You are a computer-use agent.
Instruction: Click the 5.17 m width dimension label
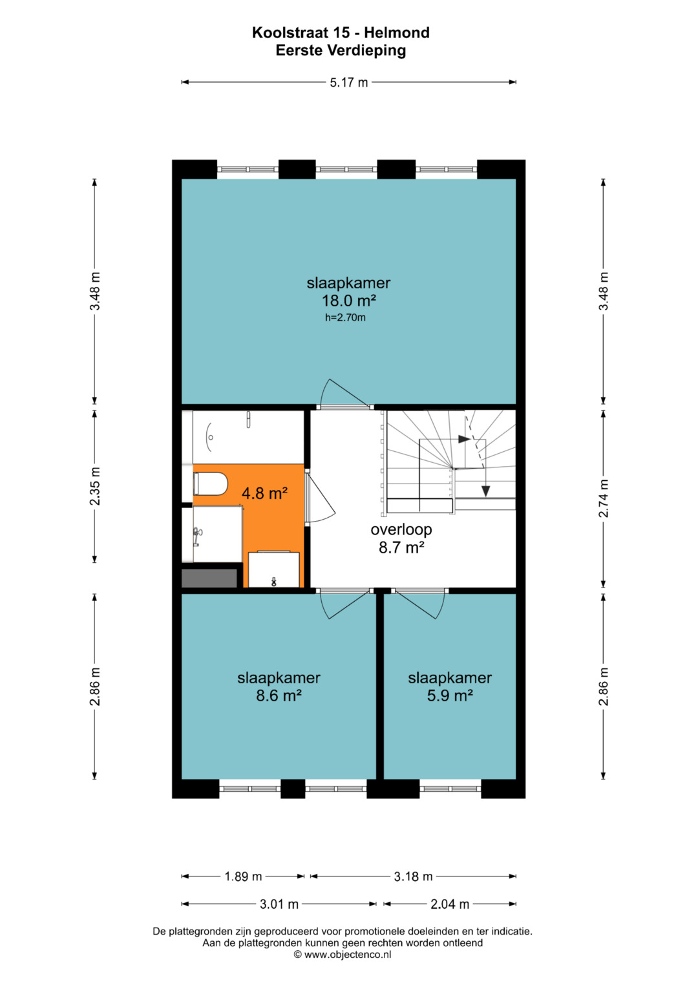348,82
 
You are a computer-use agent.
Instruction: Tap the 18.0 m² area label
348,301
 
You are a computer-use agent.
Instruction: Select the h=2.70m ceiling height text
345,317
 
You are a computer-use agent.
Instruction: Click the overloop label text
401,529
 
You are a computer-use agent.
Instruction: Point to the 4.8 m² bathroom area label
264,493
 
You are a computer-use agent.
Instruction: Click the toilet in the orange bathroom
210,483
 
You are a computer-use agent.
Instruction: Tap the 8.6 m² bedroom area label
279,695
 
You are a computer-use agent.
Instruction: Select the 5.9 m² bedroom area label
449,695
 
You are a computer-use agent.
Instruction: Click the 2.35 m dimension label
95,486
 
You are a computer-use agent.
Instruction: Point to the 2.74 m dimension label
603,498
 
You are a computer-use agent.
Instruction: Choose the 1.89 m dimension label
243,876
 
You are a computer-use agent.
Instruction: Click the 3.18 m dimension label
413,876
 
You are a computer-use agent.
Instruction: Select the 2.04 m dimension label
449,904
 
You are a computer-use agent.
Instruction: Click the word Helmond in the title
397,32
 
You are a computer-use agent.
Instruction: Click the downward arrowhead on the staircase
485,491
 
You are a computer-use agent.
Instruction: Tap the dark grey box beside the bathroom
209,578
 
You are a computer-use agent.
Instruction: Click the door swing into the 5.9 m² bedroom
421,604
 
